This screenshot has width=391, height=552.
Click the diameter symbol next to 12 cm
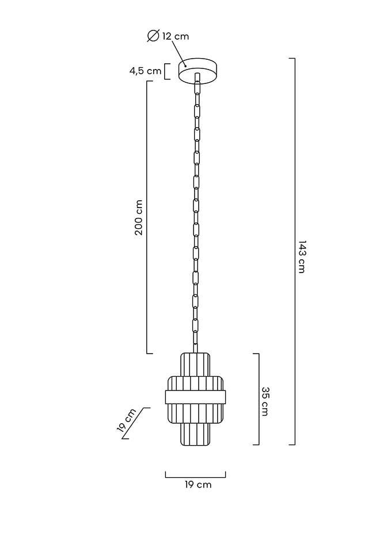tap(153, 36)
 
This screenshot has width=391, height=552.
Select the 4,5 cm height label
tap(145, 71)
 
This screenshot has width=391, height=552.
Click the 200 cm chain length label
tap(139, 217)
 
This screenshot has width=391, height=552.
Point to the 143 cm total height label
tap(302, 256)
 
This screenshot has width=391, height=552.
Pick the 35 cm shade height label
tap(265, 401)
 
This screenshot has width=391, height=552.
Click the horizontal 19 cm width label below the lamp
tap(198, 485)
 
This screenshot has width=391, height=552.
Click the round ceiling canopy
tap(198, 71)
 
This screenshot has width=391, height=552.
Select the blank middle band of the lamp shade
tap(195, 397)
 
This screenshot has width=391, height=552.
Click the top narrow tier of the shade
tap(195, 364)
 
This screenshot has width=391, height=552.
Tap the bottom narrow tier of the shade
tap(195, 434)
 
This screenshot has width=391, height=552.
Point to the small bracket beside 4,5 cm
tap(168, 71)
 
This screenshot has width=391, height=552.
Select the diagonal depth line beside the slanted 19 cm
tap(136, 423)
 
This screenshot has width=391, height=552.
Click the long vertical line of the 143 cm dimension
tap(294, 251)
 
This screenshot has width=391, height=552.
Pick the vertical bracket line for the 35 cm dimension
tap(259, 399)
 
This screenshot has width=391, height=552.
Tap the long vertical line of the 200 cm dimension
tap(147, 217)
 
